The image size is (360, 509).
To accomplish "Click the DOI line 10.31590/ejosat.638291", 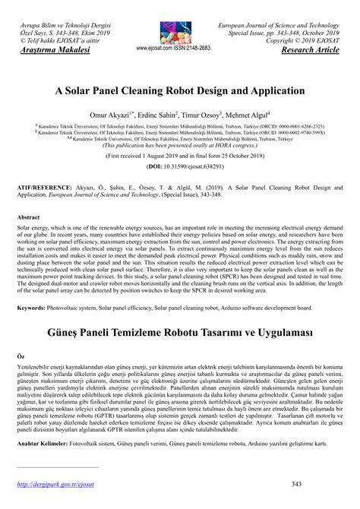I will click(x=180, y=165).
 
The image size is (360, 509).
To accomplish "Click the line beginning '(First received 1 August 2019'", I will click(x=180, y=153).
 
